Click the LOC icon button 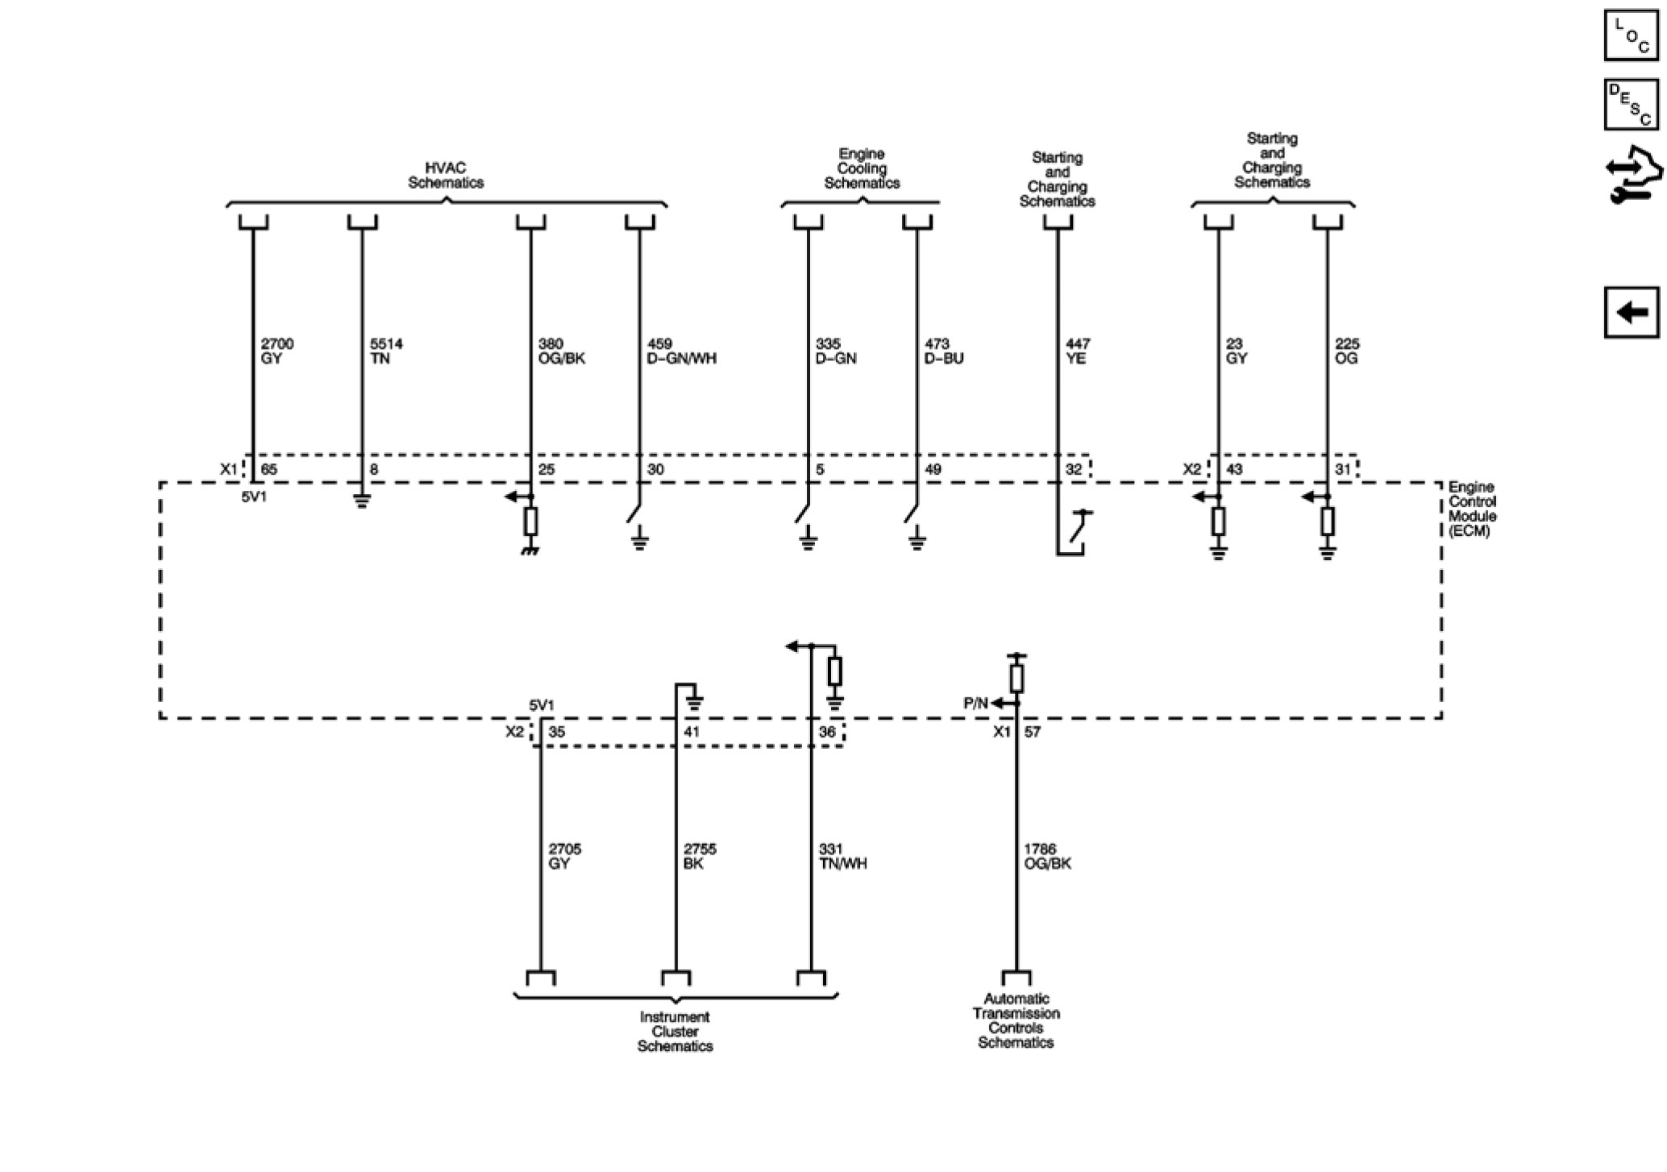pyautogui.click(x=1631, y=35)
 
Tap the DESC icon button pyautogui.click(x=1631, y=104)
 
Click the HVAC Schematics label pyautogui.click(x=445, y=176)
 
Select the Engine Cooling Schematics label pyautogui.click(x=862, y=168)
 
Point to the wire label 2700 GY pyautogui.click(x=276, y=351)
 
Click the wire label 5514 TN pyautogui.click(x=386, y=351)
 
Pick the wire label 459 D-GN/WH pyautogui.click(x=681, y=351)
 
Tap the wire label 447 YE pyautogui.click(x=1078, y=351)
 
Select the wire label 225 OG pyautogui.click(x=1347, y=351)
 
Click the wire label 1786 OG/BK pyautogui.click(x=1047, y=856)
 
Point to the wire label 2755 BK pyautogui.click(x=700, y=856)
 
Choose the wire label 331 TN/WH pyautogui.click(x=842, y=856)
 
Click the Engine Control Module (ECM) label pyautogui.click(x=1472, y=509)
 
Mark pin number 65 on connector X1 pyautogui.click(x=269, y=469)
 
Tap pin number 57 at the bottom pyautogui.click(x=1033, y=732)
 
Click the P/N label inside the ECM pyautogui.click(x=975, y=704)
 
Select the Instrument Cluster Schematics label pyautogui.click(x=675, y=1032)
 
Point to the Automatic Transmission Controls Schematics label pyautogui.click(x=1016, y=1020)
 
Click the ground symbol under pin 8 pyautogui.click(x=362, y=501)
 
